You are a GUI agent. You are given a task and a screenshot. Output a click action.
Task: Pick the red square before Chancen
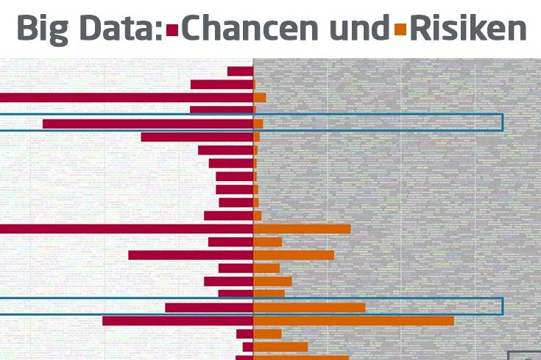pyautogui.click(x=173, y=30)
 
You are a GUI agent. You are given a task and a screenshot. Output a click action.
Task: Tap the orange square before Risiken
pyautogui.click(x=400, y=30)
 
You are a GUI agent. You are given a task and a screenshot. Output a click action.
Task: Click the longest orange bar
pyautogui.click(x=353, y=321)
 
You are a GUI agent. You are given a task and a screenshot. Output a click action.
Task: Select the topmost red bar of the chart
pyautogui.click(x=240, y=71)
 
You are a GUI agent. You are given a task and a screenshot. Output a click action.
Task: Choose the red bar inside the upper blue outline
pyautogui.click(x=147, y=124)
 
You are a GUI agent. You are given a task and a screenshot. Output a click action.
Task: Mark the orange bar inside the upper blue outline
pyautogui.click(x=258, y=124)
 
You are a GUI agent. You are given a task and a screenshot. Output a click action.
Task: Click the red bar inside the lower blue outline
pyautogui.click(x=209, y=308)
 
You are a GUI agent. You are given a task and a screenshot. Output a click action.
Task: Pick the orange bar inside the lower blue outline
pyautogui.click(x=309, y=308)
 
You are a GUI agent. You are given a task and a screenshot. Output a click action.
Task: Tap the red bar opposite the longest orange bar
pyautogui.click(x=177, y=321)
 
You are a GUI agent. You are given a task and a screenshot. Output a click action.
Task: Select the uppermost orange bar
pyautogui.click(x=259, y=97)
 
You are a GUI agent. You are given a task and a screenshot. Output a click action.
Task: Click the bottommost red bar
pyautogui.click(x=244, y=358)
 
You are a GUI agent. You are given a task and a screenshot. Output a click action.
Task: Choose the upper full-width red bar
pyautogui.click(x=126, y=97)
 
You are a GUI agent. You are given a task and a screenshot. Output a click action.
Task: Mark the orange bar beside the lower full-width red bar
pyautogui.click(x=302, y=229)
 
